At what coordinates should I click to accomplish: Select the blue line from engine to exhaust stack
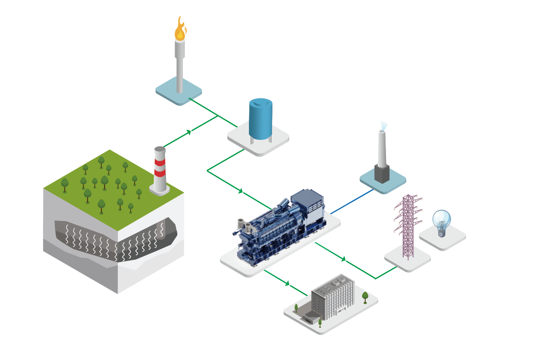[352, 202]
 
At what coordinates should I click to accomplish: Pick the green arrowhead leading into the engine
[241, 191]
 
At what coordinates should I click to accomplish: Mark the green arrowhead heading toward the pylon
[343, 259]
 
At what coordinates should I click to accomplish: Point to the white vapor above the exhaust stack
[384, 126]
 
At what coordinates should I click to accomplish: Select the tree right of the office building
[365, 297]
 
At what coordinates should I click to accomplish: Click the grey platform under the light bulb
[443, 241]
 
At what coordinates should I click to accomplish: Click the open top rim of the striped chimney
[160, 149]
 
